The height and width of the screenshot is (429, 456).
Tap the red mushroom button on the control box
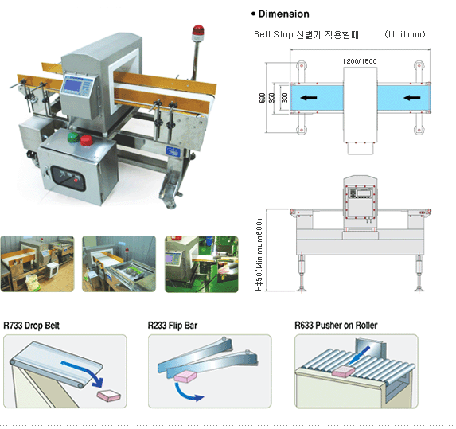pos(87,140)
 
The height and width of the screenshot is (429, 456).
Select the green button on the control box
pos(73,138)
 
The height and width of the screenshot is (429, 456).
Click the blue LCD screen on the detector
pos(72,85)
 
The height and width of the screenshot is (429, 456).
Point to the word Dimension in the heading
pos(283,14)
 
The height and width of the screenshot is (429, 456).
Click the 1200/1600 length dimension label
pos(360,61)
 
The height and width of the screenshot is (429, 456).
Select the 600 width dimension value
pos(262,98)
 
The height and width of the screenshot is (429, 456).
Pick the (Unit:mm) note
pos(404,34)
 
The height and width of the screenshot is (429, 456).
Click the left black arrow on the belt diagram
pos(309,98)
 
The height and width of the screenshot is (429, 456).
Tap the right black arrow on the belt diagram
pos(411,98)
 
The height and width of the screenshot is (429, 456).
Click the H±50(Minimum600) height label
pos(259,255)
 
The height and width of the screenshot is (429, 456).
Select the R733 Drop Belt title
pos(31,326)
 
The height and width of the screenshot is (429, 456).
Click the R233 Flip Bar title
pos(173,326)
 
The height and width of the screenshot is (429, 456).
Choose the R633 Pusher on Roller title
pos(336,326)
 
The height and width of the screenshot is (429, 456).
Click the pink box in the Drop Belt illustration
pos(108,396)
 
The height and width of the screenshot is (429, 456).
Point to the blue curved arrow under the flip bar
pos(186,392)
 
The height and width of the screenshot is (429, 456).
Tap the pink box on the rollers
pos(344,371)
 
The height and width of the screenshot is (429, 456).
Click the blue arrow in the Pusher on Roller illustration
pos(359,356)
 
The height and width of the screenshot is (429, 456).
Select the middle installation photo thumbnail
pos(119,263)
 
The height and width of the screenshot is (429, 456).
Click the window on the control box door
pos(68,178)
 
